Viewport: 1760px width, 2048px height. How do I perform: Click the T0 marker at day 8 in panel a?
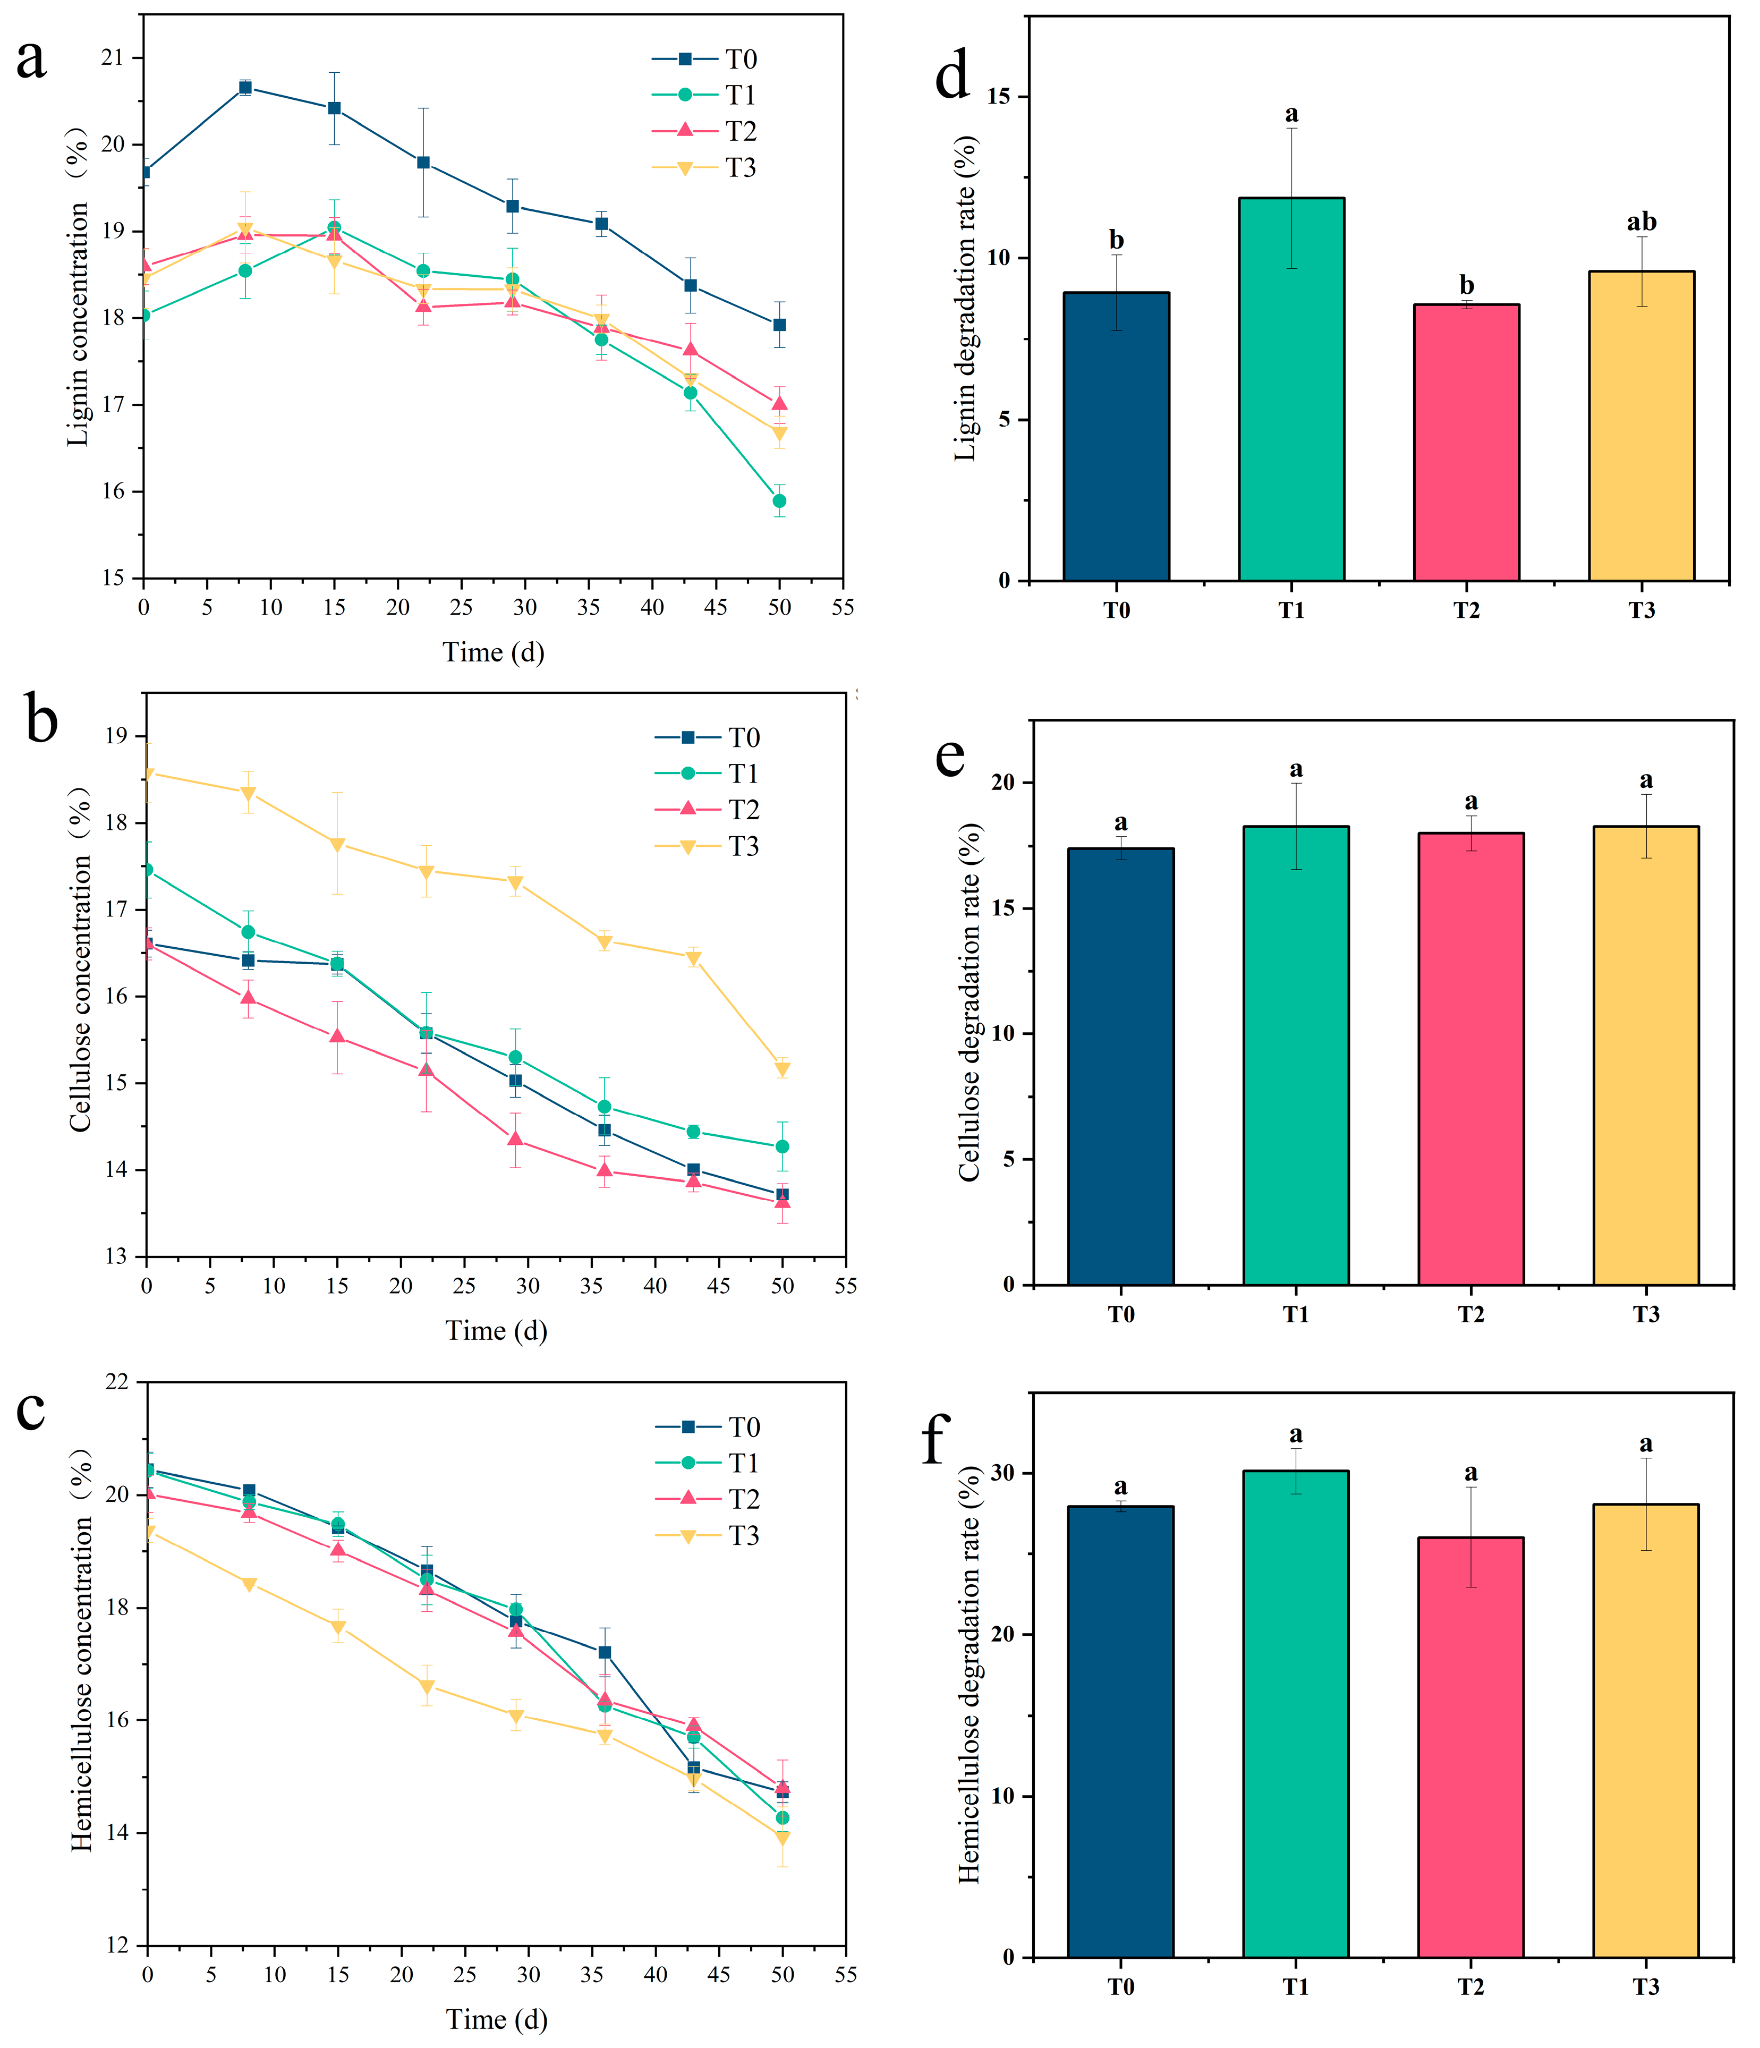tap(245, 87)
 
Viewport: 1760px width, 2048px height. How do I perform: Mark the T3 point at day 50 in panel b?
tap(783, 1069)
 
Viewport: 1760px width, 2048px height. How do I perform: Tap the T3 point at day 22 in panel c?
tap(427, 1686)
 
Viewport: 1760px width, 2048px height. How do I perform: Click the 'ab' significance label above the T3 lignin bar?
tap(1642, 223)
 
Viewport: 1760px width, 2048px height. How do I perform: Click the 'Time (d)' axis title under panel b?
tap(496, 1330)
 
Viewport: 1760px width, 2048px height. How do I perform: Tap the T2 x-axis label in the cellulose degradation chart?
tap(1470, 1314)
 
